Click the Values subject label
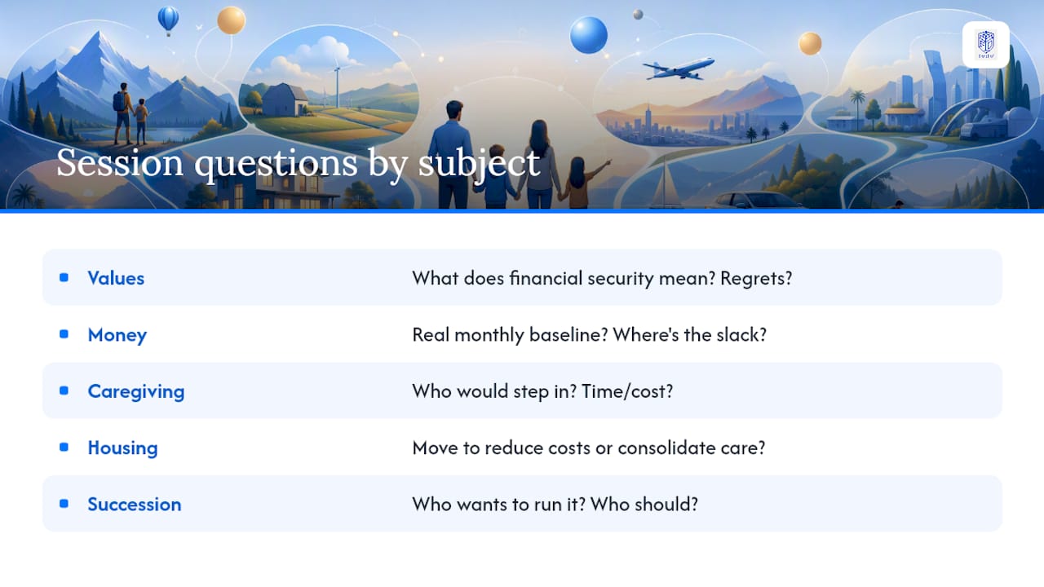point(116,278)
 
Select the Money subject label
point(117,335)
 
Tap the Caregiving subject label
point(136,392)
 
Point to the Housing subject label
point(123,448)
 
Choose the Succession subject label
point(135,505)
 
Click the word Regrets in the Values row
point(756,279)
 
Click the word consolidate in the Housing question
point(666,448)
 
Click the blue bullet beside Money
point(64,334)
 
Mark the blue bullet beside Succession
point(64,504)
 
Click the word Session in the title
point(120,163)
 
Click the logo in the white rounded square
point(986,45)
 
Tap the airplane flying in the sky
point(678,68)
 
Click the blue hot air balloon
point(168,20)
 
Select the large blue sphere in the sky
point(589,35)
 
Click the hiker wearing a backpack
point(123,113)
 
